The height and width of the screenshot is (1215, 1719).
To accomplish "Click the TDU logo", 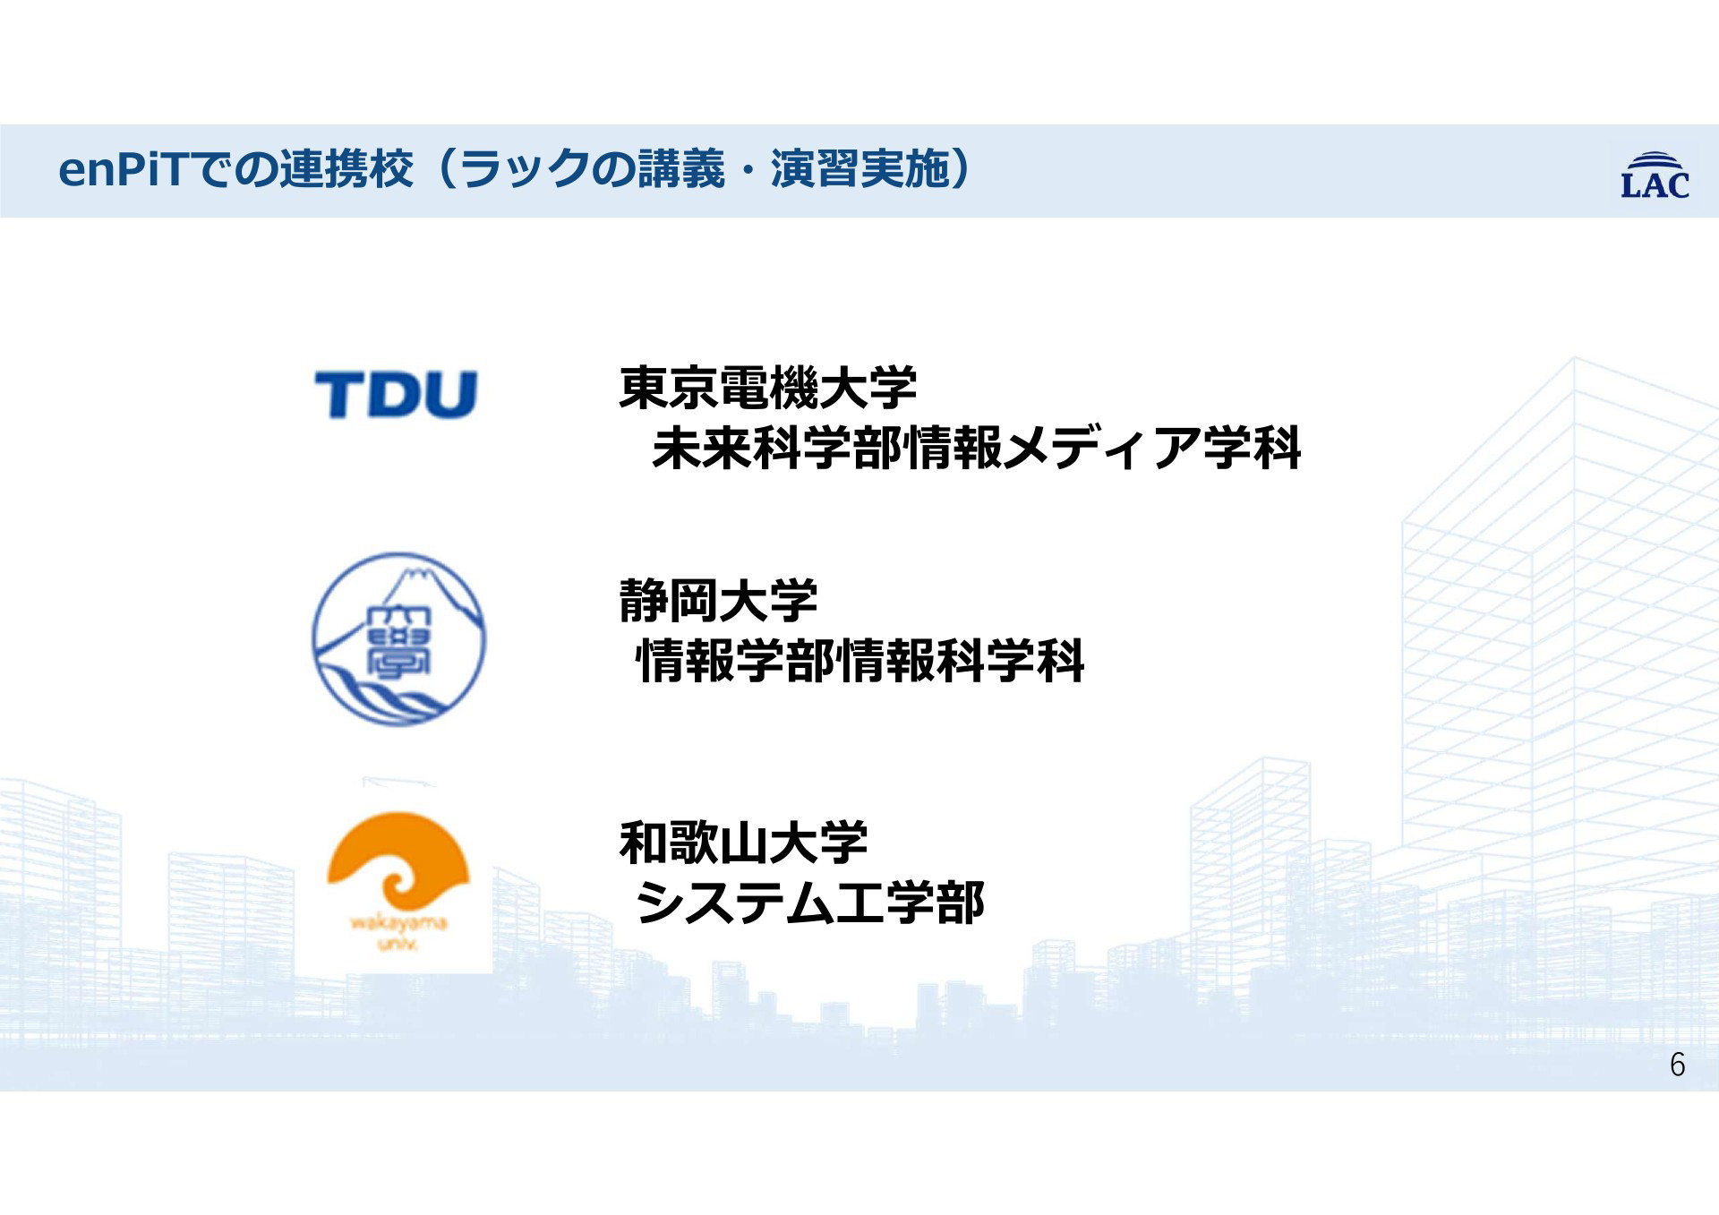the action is pyautogui.click(x=396, y=395).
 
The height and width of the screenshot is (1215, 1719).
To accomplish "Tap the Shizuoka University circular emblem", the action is pyautogui.click(x=399, y=639).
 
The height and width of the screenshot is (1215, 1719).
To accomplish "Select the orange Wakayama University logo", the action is pyautogui.click(x=398, y=881).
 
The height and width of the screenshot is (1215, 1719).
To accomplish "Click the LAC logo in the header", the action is pyautogui.click(x=1655, y=175).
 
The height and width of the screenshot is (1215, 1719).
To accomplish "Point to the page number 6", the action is pyautogui.click(x=1677, y=1065).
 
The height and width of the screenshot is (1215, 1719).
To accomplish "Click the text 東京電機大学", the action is pyautogui.click(x=768, y=388).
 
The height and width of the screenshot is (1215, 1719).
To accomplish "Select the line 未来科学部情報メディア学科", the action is pyautogui.click(x=977, y=448).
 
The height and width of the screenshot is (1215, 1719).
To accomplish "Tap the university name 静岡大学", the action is pyautogui.click(x=718, y=601).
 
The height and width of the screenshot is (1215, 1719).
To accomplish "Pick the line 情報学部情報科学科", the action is pyautogui.click(x=860, y=661).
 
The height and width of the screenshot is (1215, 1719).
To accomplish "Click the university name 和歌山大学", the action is pyautogui.click(x=743, y=843).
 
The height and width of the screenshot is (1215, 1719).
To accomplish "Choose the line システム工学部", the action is pyautogui.click(x=810, y=903).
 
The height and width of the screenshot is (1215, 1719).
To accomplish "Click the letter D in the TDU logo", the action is pyautogui.click(x=397, y=395).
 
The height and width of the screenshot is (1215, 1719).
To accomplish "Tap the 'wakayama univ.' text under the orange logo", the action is pyautogui.click(x=398, y=931).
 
